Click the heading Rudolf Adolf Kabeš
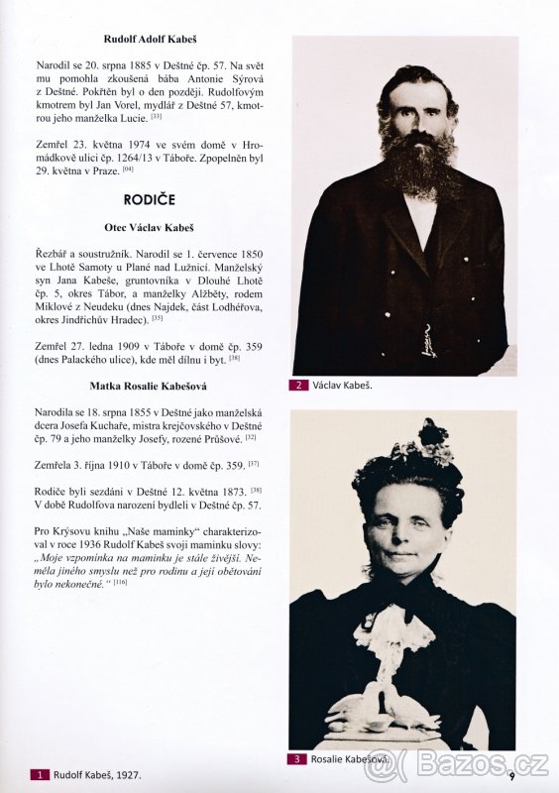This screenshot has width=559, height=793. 151,39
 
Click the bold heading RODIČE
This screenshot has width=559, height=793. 151,199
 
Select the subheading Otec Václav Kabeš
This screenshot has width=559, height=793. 151,227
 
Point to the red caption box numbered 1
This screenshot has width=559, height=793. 41,774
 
